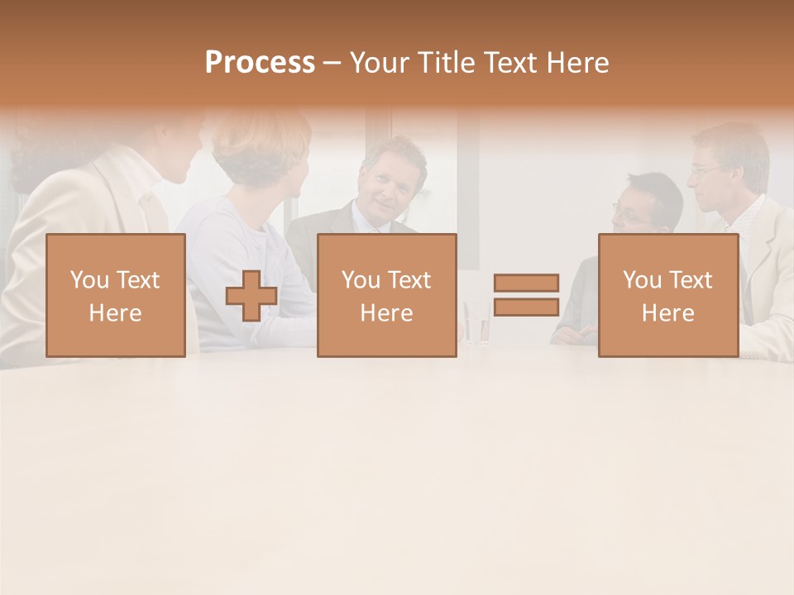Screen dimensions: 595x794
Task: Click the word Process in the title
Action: tap(260, 63)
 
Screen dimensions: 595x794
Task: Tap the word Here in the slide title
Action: tap(576, 63)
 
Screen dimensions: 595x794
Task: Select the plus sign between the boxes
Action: tap(251, 296)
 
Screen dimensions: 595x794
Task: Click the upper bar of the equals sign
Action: tap(526, 283)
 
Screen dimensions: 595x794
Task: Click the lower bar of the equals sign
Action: tap(526, 307)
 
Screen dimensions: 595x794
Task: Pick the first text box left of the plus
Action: tap(115, 295)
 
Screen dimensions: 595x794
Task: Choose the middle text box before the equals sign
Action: tap(386, 295)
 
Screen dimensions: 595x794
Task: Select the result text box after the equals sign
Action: tap(667, 295)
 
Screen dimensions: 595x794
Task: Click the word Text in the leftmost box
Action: tap(137, 279)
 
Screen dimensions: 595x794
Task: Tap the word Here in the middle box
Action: tap(386, 312)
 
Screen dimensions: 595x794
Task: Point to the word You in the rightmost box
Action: tap(642, 279)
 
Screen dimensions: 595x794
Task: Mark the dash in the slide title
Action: tap(332, 63)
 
